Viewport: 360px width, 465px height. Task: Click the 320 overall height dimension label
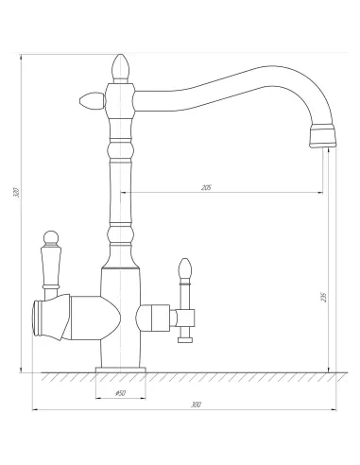point(16,192)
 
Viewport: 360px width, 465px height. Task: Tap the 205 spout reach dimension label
point(206,188)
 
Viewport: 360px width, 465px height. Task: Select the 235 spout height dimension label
point(324,297)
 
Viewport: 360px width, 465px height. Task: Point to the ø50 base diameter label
point(121,393)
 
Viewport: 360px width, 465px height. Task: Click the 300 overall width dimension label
point(196,405)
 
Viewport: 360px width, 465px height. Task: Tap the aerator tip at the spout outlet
point(322,136)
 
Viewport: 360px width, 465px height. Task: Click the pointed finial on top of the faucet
point(121,67)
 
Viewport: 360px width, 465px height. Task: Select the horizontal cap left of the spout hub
point(93,101)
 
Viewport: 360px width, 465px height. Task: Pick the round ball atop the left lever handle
point(51,238)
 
